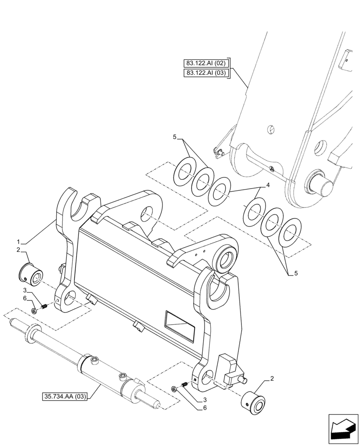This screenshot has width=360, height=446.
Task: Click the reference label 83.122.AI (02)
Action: click(x=205, y=63)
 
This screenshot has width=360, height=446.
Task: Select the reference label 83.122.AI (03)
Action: click(x=205, y=73)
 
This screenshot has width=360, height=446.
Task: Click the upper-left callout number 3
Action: click(x=26, y=290)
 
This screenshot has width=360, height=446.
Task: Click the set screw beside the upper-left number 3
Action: click(x=44, y=306)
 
